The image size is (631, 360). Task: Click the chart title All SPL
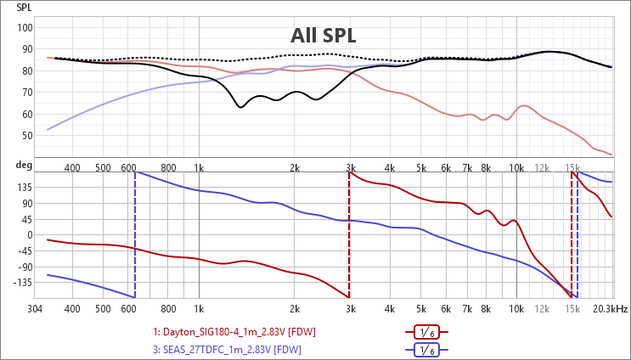click(323, 36)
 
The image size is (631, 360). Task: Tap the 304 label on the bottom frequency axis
click(36, 309)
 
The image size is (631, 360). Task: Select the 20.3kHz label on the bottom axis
click(611, 309)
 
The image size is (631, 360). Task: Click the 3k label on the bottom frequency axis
click(349, 309)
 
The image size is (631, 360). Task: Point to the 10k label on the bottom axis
click(516, 309)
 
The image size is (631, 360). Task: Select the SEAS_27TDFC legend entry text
click(227, 349)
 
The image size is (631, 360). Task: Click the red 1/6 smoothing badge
click(426, 332)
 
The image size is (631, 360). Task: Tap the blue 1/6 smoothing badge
click(426, 349)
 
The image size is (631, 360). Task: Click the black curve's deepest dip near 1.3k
click(240, 107)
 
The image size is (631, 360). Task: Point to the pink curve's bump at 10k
click(524, 106)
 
